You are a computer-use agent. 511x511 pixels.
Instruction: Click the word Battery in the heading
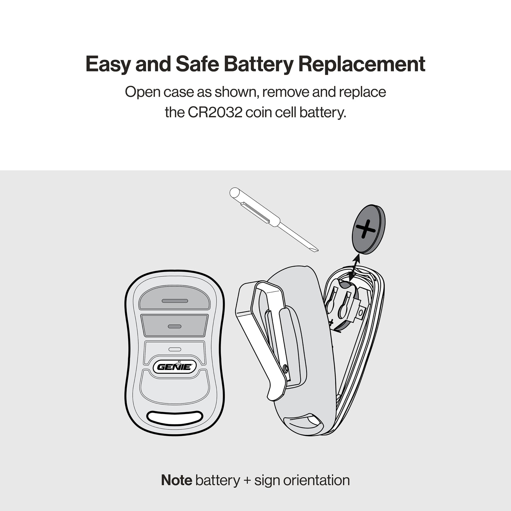259,64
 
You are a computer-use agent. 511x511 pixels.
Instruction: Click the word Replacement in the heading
362,64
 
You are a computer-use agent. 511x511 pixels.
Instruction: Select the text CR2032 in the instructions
215,112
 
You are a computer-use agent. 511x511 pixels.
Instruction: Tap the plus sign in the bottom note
247,481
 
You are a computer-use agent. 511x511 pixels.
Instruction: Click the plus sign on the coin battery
365,229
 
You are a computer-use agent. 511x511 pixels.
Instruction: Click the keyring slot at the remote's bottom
175,418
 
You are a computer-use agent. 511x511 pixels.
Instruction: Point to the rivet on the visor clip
285,368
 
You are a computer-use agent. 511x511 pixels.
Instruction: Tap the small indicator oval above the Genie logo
175,349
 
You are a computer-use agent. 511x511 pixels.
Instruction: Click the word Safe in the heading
197,64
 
